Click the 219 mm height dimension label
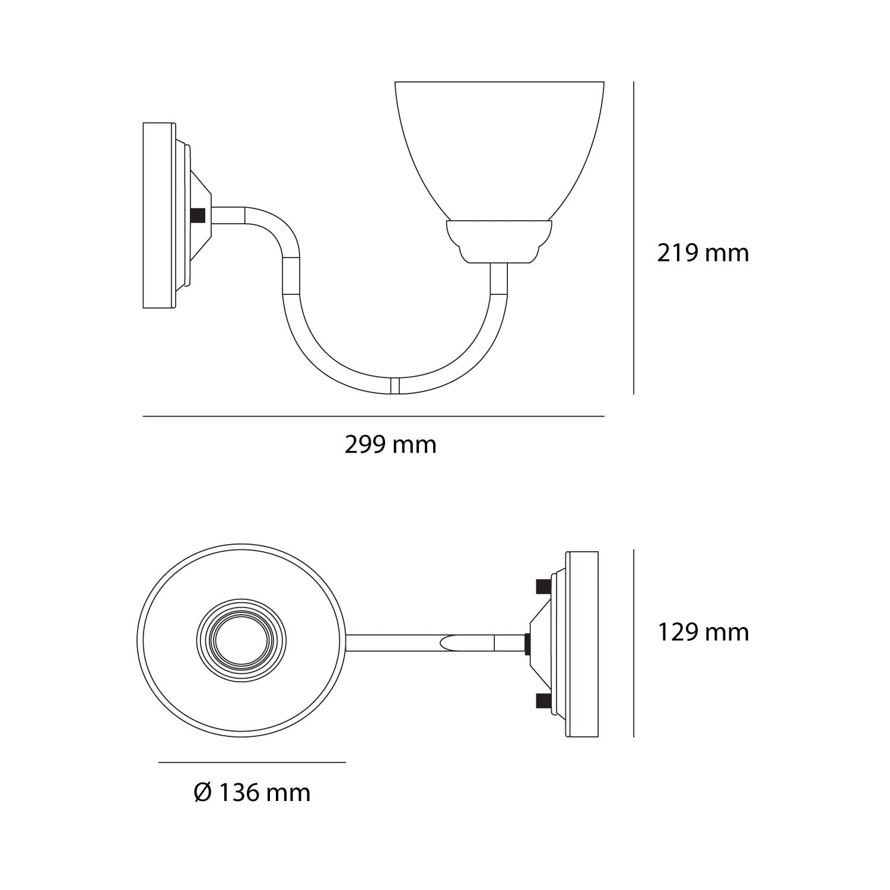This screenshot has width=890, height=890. point(703,253)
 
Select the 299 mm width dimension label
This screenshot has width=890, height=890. point(390,444)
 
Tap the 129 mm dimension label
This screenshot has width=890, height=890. point(703,632)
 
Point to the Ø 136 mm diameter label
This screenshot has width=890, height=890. point(252,792)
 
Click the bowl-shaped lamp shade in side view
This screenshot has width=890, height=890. point(500,148)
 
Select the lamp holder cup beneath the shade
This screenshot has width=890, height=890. point(499,240)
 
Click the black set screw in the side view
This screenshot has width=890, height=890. point(199,215)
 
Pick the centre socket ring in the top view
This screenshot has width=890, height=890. point(241,643)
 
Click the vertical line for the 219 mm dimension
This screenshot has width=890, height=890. point(634,237)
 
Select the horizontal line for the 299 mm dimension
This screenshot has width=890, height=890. point(374,417)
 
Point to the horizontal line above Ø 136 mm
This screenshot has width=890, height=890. point(252,762)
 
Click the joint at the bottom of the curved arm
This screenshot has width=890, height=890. point(395,385)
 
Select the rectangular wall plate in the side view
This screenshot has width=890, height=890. point(159,215)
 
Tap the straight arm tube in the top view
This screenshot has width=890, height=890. point(415,643)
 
